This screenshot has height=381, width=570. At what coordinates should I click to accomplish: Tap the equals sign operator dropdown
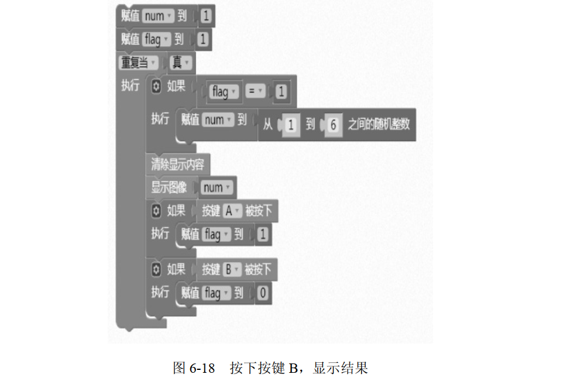[x=256, y=91]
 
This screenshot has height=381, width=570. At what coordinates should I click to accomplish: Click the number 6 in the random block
[x=333, y=125]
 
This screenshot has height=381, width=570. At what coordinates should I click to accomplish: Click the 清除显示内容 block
[x=177, y=164]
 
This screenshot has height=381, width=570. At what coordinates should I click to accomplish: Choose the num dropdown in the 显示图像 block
[x=217, y=187]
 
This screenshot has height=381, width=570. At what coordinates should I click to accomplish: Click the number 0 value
[x=262, y=293]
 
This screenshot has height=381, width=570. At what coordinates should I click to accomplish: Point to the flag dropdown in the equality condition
[x=225, y=91]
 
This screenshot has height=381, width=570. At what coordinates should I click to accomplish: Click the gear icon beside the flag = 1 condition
[x=156, y=87]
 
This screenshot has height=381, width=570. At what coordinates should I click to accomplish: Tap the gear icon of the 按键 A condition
[x=156, y=211]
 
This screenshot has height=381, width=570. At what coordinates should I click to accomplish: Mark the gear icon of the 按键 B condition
[x=156, y=269]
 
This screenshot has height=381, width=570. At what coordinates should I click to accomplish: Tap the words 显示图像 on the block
[x=169, y=187]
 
